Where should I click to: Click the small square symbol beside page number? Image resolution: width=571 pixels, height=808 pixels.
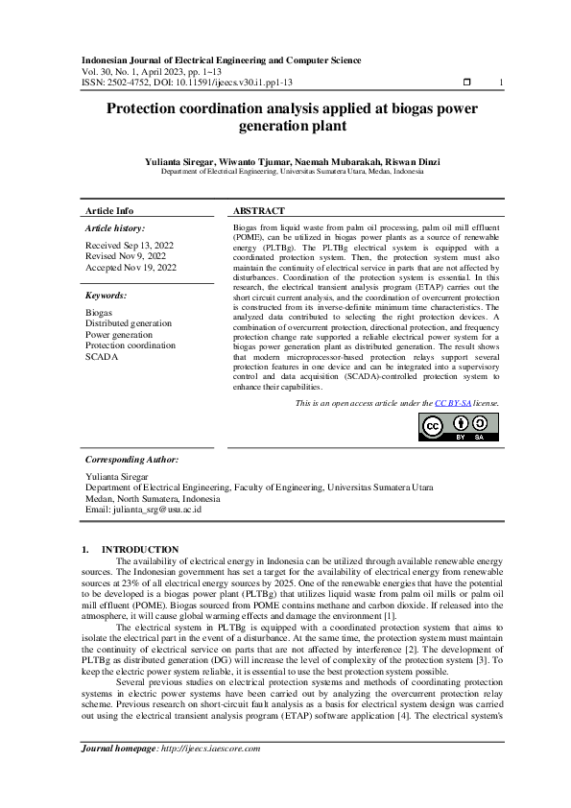466,83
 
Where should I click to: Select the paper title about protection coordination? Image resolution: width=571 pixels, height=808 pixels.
285,118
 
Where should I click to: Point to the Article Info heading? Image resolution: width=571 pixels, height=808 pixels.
109,210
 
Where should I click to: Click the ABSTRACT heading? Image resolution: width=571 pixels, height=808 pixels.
259,210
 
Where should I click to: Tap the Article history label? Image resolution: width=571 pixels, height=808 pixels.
115,228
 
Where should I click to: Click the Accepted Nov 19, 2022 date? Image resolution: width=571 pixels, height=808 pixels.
131,268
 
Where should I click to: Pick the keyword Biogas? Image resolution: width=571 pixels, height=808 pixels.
99,313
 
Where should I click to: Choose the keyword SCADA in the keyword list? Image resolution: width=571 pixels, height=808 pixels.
101,356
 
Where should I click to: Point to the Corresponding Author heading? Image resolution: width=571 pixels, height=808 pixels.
132,460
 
